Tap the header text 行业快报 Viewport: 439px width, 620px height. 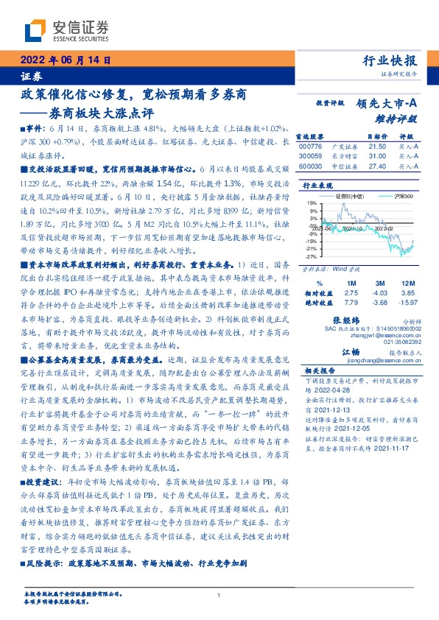coord(390,61)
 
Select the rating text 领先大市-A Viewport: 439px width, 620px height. coord(388,105)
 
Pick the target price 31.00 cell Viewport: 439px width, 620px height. coord(376,157)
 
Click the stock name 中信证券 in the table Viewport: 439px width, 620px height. coord(350,166)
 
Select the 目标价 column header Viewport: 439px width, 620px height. coord(377,137)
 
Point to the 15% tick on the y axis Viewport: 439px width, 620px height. coord(312,202)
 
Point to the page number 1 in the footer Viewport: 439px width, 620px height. coord(219,596)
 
